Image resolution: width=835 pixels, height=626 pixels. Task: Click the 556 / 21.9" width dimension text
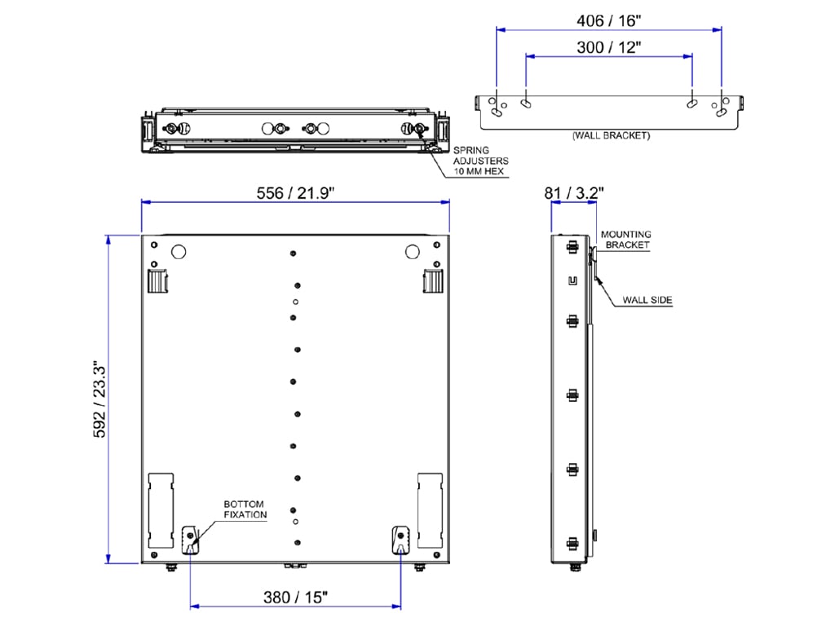click(295, 192)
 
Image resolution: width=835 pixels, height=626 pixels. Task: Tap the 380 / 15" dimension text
click(294, 597)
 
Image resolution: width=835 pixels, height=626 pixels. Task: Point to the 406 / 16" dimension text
click(608, 17)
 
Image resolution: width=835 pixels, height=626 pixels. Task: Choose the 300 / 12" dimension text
click(608, 46)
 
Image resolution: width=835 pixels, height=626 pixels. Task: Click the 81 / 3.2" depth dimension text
click(574, 193)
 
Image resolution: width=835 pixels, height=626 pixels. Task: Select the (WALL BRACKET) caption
click(611, 135)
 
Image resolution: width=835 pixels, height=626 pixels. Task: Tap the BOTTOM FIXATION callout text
click(245, 509)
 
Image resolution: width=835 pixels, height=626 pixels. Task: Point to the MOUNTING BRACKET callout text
click(626, 240)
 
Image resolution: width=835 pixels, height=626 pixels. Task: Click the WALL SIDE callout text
click(647, 300)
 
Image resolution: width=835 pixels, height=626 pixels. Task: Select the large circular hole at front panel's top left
click(180, 252)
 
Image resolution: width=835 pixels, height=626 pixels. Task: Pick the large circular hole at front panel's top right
click(412, 252)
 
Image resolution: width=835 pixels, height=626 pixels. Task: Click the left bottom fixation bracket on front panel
click(190, 538)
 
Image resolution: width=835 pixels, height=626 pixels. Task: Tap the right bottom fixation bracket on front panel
click(400, 538)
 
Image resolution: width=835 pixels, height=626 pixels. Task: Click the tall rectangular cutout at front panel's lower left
click(161, 509)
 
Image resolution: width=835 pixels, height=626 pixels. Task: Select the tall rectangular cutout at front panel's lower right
click(430, 509)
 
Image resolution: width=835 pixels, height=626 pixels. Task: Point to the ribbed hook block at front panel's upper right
click(432, 281)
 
